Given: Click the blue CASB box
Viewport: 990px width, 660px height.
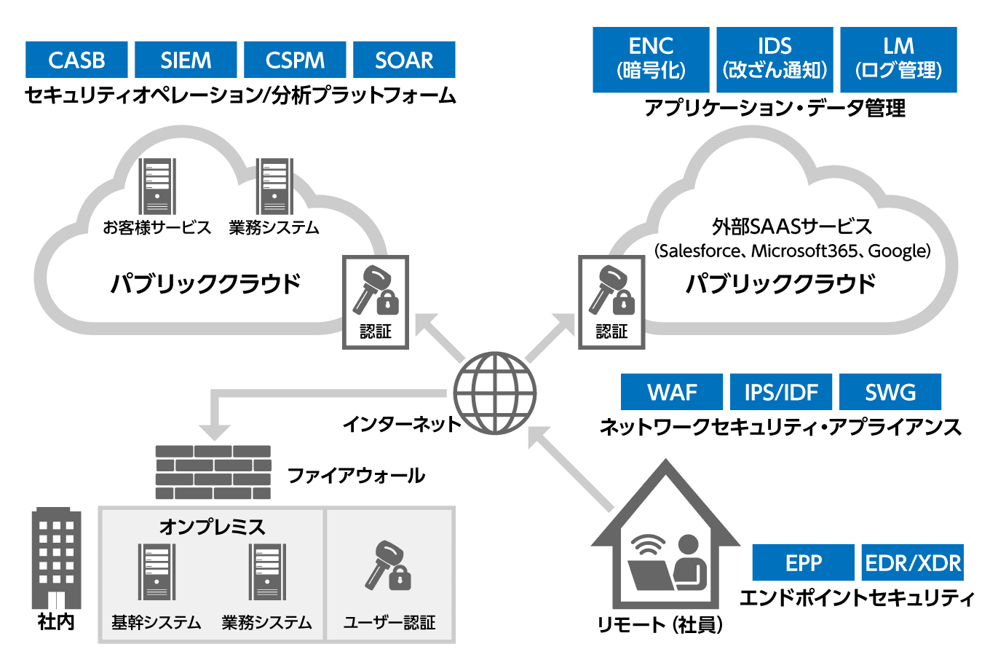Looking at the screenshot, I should pyautogui.click(x=76, y=60).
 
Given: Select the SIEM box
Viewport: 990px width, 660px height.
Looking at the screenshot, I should pyautogui.click(x=186, y=60).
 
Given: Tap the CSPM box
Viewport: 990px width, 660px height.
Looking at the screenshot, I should pyautogui.click(x=295, y=60).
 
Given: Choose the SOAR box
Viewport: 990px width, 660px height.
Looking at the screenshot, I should pyautogui.click(x=404, y=60).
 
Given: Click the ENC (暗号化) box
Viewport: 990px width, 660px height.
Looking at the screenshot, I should pyautogui.click(x=651, y=59).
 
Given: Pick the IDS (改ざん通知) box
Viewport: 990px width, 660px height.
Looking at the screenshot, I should pyautogui.click(x=775, y=59).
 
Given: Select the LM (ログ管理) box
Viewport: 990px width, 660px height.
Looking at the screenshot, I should pyautogui.click(x=898, y=59).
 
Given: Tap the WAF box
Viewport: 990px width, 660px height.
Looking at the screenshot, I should pyautogui.click(x=671, y=392).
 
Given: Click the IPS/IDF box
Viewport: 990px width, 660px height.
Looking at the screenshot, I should pyautogui.click(x=780, y=392).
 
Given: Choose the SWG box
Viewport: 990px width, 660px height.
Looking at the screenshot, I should pyautogui.click(x=890, y=392).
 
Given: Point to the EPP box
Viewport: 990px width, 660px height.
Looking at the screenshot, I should pyautogui.click(x=803, y=562).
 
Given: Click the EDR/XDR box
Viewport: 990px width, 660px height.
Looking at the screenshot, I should pyautogui.click(x=913, y=562).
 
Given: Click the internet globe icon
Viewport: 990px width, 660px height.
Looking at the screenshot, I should pyautogui.click(x=494, y=393).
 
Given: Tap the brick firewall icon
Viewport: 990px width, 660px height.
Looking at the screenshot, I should pyautogui.click(x=213, y=472).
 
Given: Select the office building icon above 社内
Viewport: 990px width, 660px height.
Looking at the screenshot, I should pyautogui.click(x=56, y=557).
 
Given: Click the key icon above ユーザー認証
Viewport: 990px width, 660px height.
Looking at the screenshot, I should pyautogui.click(x=389, y=566).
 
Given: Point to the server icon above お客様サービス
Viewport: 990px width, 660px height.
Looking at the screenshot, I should pyautogui.click(x=157, y=186).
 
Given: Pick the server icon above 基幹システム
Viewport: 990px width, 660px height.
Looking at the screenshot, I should pyautogui.click(x=157, y=572).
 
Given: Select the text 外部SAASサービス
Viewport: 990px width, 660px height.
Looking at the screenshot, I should pyautogui.click(x=791, y=227).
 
